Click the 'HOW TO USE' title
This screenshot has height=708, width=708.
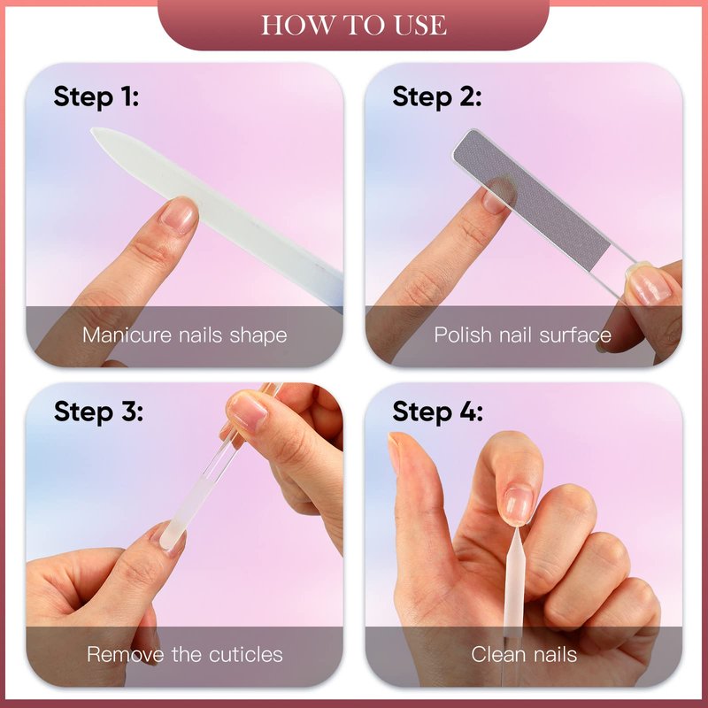click(353, 25)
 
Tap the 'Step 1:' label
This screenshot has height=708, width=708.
click(96, 96)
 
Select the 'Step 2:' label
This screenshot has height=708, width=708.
click(436, 96)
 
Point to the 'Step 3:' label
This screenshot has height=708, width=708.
click(98, 412)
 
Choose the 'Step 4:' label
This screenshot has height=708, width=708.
click(437, 412)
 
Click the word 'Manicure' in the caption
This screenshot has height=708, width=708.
click(127, 335)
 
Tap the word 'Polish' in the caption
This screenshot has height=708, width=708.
click(462, 335)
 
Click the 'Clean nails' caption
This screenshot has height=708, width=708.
click(524, 654)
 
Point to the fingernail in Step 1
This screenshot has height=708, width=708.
click(178, 216)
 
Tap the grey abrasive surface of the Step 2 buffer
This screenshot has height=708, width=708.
click(532, 201)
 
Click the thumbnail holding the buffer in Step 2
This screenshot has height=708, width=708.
click(650, 288)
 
